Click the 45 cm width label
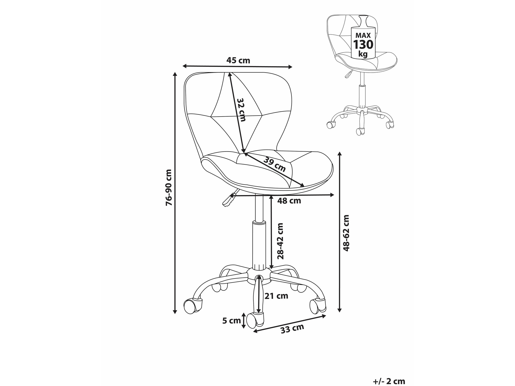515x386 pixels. pyautogui.click(x=238, y=60)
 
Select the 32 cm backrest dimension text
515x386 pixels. pyautogui.click(x=241, y=110)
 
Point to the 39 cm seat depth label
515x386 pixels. pyautogui.click(x=274, y=164)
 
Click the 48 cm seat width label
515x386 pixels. pyautogui.click(x=289, y=201)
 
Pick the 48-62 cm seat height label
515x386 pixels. pyautogui.click(x=346, y=233)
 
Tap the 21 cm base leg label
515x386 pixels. pyautogui.click(x=276, y=296)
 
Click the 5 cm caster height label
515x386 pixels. pyautogui.click(x=231, y=321)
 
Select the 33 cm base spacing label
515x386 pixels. pyautogui.click(x=292, y=329)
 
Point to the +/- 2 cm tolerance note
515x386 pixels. pyautogui.click(x=389, y=381)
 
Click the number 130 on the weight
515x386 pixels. pyautogui.click(x=363, y=45)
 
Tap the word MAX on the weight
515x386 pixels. pyautogui.click(x=363, y=35)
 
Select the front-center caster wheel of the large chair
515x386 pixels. pyautogui.click(x=255, y=321)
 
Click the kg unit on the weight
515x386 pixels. pyautogui.click(x=363, y=54)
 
